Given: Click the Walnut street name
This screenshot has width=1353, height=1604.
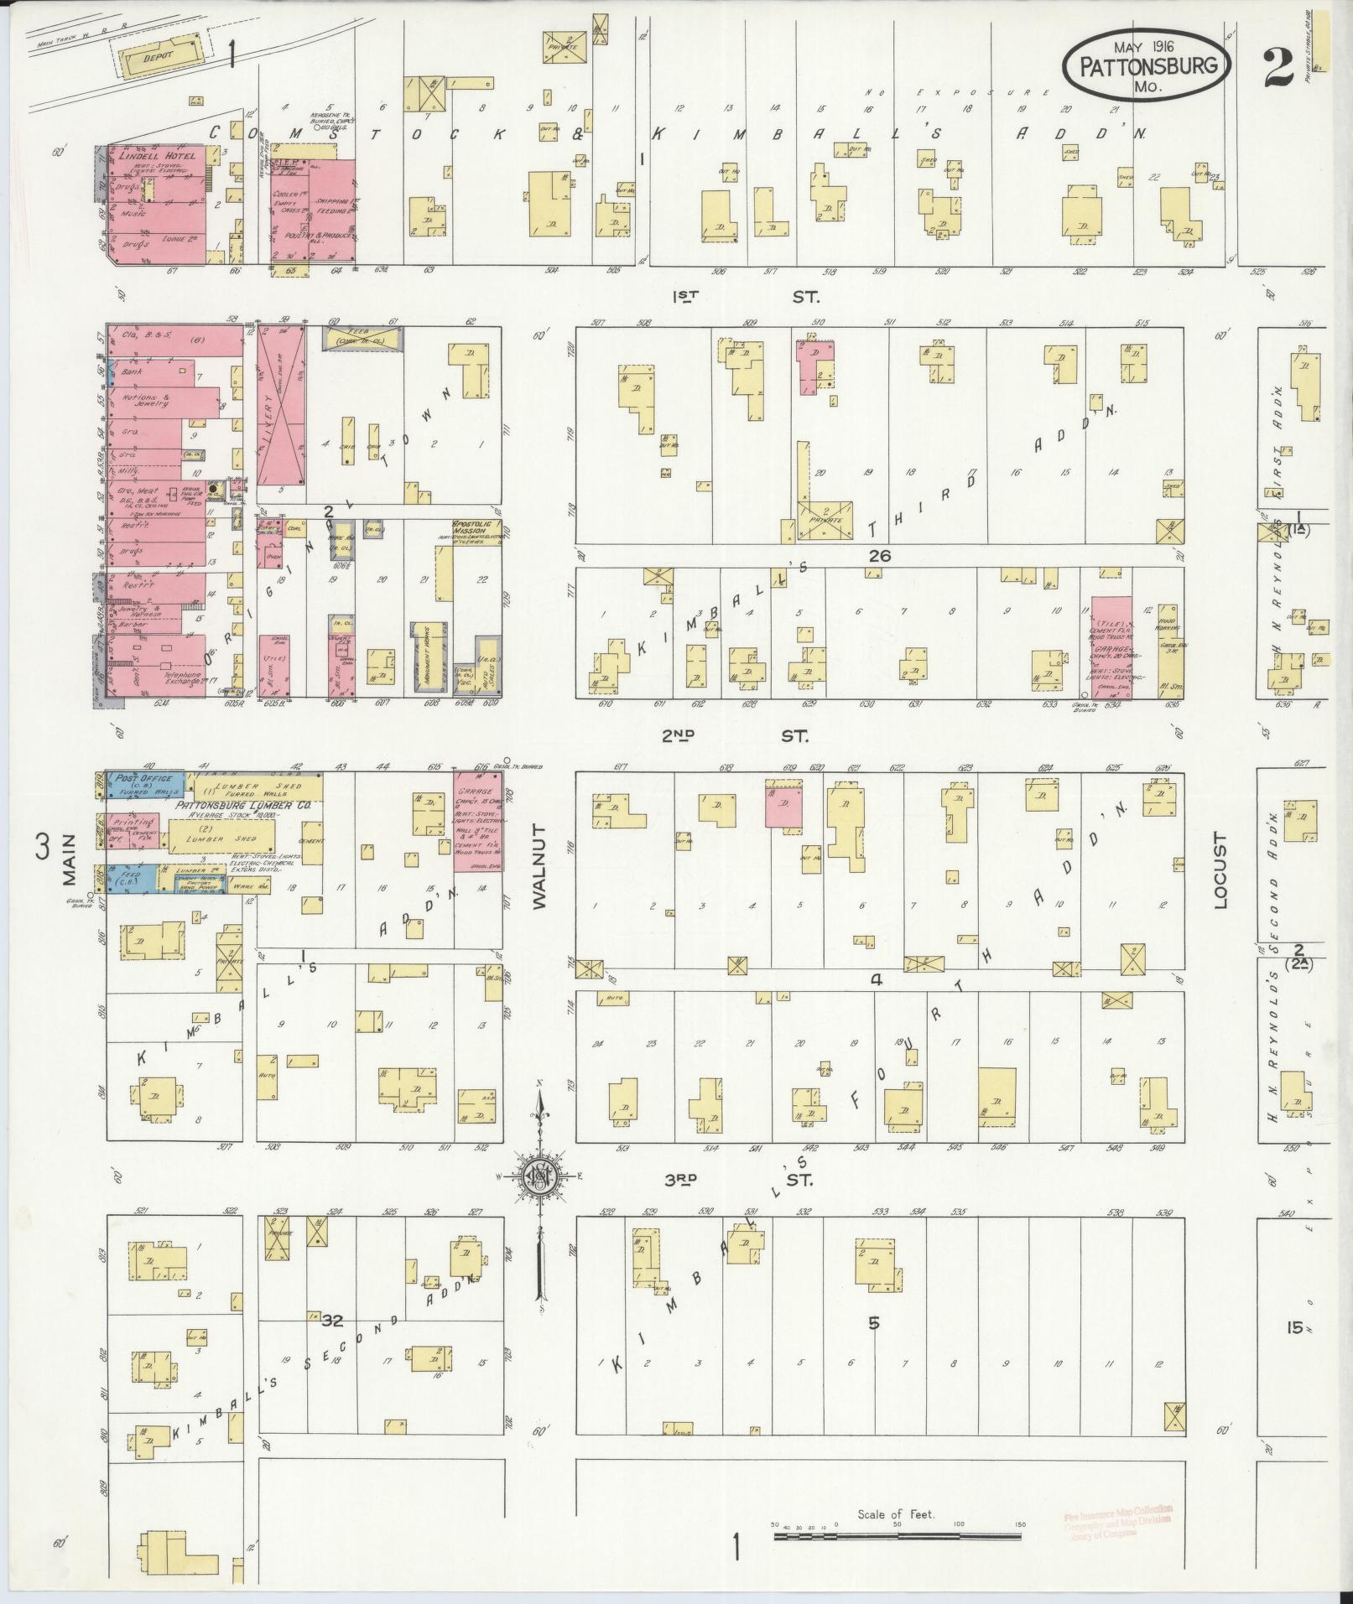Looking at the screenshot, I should click(x=539, y=865).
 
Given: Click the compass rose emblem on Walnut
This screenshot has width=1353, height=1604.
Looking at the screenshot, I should click(x=540, y=1177).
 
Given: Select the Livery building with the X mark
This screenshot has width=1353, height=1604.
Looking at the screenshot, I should click(x=282, y=407).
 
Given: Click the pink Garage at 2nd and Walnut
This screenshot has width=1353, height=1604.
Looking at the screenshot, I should click(x=478, y=820).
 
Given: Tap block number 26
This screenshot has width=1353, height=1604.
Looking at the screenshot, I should click(x=880, y=555).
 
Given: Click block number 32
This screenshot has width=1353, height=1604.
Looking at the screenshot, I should click(x=332, y=1321).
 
